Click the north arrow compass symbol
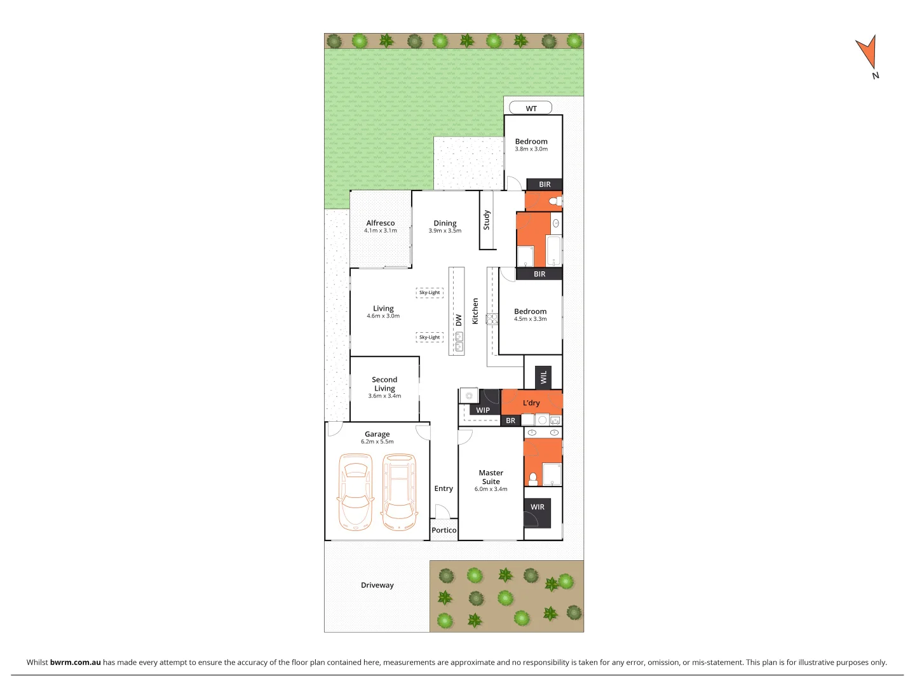point(867,53)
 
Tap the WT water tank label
point(531,109)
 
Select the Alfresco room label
point(381,223)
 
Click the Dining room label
point(445,224)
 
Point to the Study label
point(487,220)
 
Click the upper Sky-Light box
point(430,293)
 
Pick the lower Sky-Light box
point(430,337)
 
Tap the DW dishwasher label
point(459,320)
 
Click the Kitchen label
point(475,311)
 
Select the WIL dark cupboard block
point(543,377)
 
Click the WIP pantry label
point(483,410)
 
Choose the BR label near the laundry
point(511,420)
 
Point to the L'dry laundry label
point(531,403)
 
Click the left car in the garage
point(355,492)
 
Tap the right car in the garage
point(400,492)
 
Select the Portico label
point(444,530)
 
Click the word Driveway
point(377,585)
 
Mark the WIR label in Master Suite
point(538,507)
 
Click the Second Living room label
point(384,384)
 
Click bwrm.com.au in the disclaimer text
point(75,662)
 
